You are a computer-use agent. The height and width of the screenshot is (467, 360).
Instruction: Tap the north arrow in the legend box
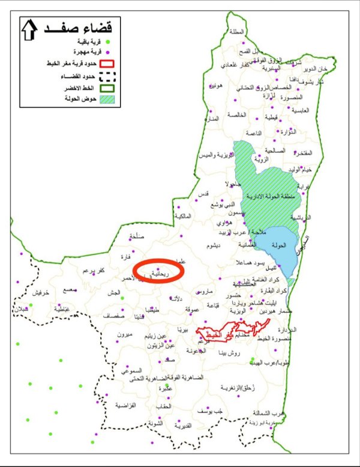tap(28, 31)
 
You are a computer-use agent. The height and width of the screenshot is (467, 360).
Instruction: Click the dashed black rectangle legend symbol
tap(106, 76)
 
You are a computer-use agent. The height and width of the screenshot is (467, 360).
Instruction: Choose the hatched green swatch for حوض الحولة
tap(106, 98)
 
